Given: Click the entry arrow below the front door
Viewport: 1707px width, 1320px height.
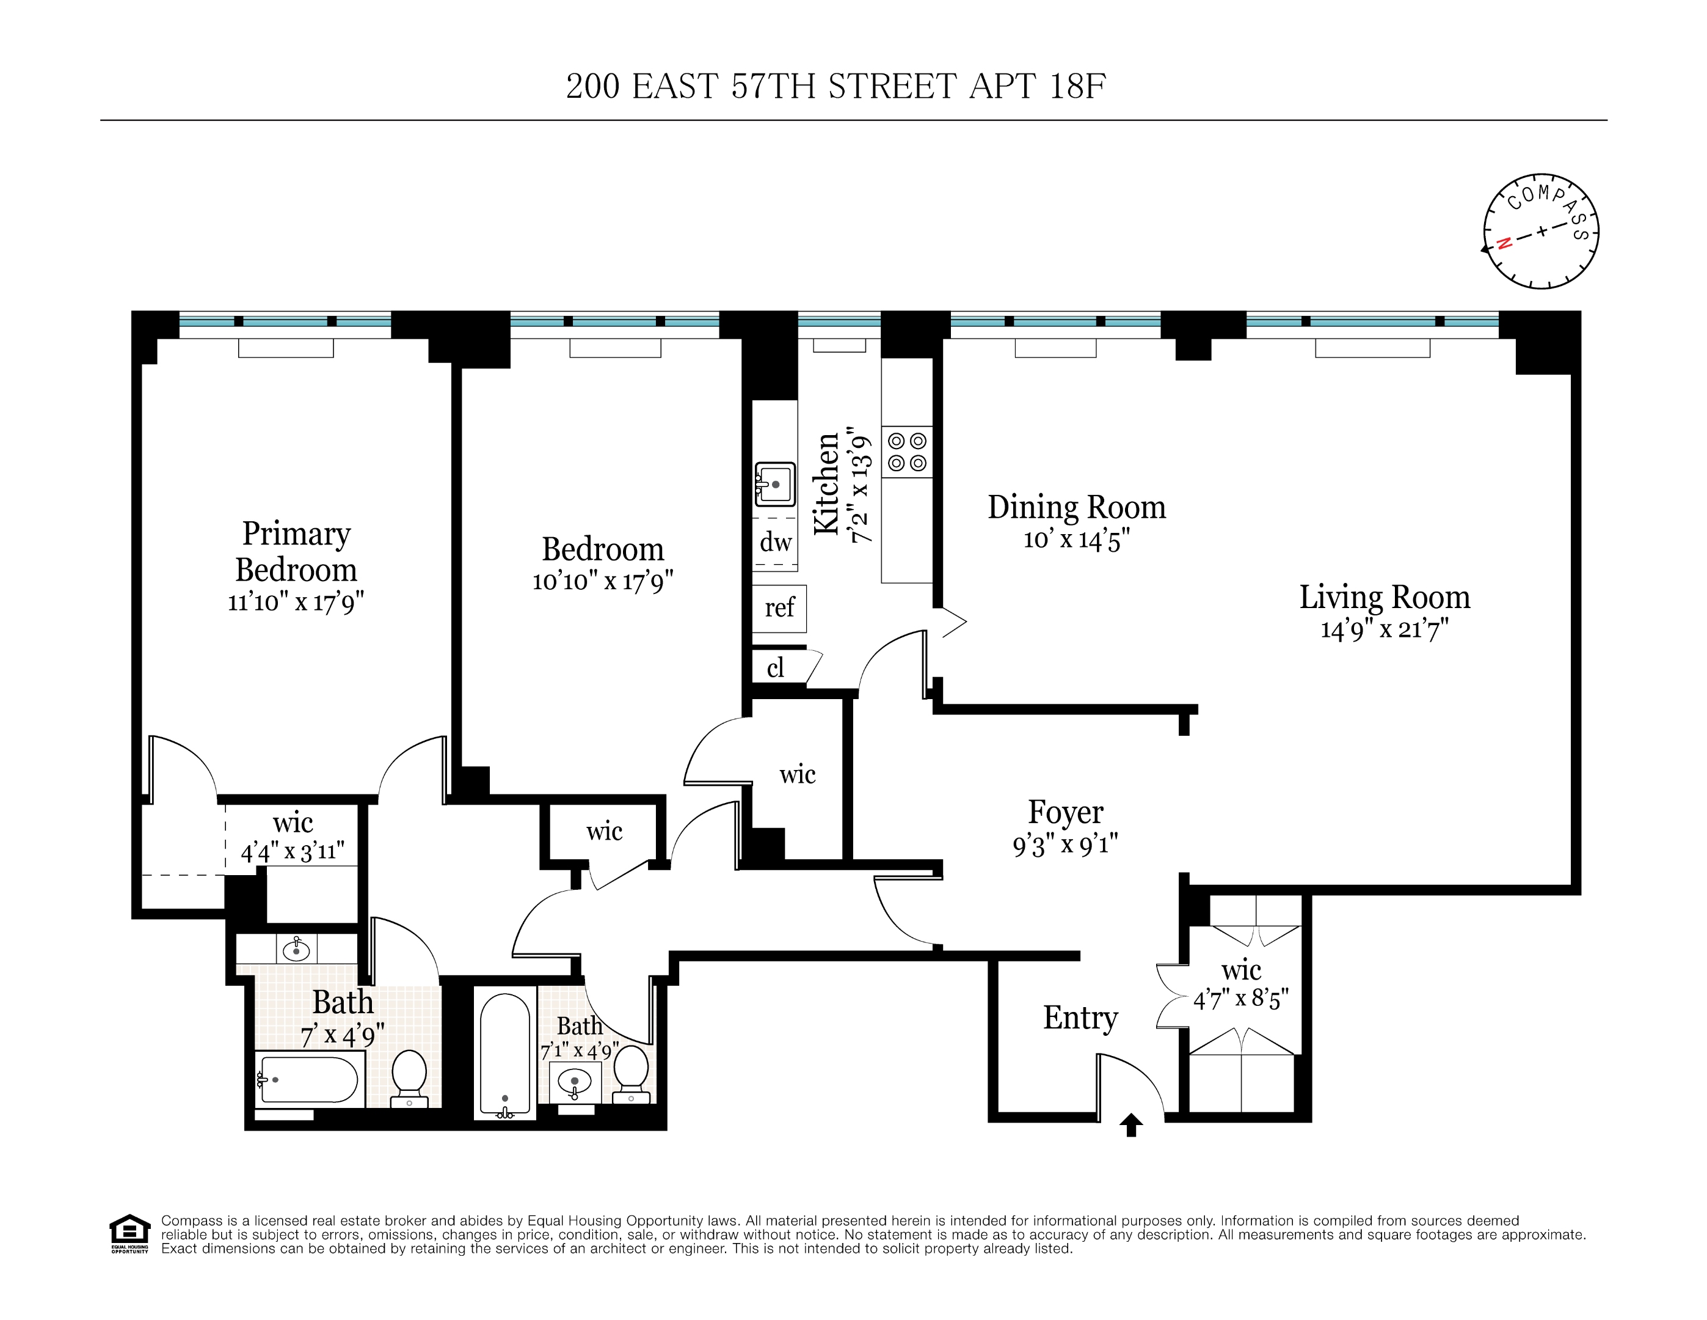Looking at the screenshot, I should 1131,1124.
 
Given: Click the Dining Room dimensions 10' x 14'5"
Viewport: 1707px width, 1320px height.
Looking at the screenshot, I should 1076,540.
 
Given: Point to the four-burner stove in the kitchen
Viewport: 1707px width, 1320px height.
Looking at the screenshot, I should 907,452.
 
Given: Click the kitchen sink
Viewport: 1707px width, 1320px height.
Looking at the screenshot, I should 774,484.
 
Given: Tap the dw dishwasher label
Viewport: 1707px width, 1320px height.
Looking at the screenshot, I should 776,542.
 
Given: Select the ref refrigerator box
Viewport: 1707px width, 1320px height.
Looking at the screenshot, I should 779,607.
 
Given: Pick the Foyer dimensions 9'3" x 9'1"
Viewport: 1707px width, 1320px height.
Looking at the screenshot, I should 1065,845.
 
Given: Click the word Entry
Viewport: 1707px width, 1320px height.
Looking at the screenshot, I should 1080,1018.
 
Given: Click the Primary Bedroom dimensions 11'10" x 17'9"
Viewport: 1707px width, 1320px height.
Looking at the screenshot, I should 296,602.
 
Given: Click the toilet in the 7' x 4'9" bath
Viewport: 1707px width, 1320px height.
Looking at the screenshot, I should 409,1077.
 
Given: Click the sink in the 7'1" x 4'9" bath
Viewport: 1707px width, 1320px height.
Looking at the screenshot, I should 575,1082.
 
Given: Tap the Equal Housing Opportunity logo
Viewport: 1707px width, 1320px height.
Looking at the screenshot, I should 129,1233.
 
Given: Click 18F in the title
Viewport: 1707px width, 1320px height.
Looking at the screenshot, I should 1077,86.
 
